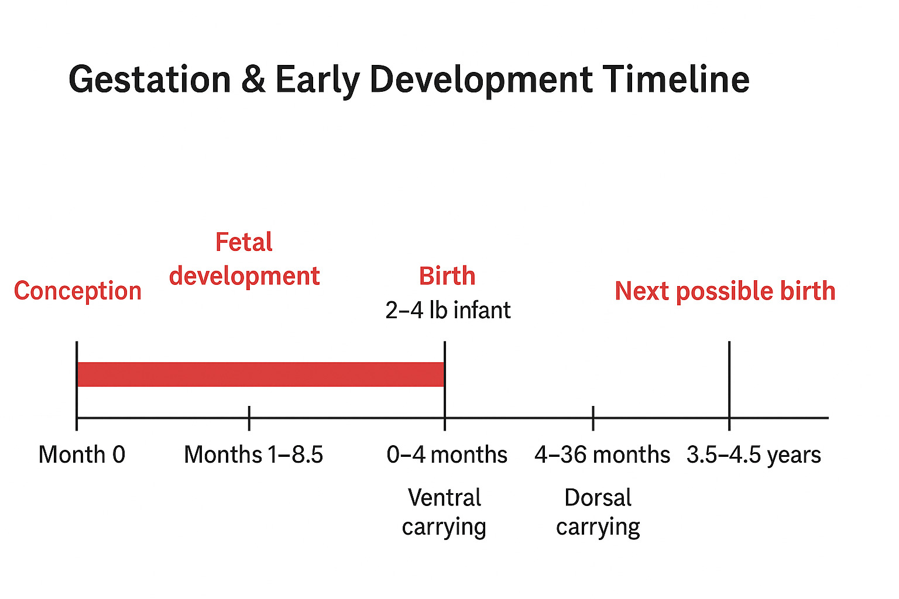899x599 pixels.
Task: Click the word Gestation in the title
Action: pyautogui.click(x=150, y=80)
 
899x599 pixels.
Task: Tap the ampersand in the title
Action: pyautogui.click(x=253, y=80)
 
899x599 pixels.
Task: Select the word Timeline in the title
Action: pyautogui.click(x=676, y=80)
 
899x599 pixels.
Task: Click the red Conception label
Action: pyautogui.click(x=78, y=291)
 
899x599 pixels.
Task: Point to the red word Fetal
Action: pyautogui.click(x=243, y=242)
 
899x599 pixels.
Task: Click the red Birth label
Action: pyautogui.click(x=447, y=276)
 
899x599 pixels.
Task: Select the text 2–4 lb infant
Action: pyautogui.click(x=448, y=310)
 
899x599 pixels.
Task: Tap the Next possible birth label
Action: pyautogui.click(x=725, y=291)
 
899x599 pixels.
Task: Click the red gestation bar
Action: pyautogui.click(x=260, y=374)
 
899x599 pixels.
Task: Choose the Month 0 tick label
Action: pyautogui.click(x=82, y=455)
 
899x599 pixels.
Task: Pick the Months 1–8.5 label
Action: pyautogui.click(x=253, y=455)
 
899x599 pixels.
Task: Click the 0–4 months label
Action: pyautogui.click(x=447, y=455)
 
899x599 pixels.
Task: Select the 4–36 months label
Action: pyautogui.click(x=602, y=455)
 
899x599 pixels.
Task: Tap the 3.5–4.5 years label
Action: pyautogui.click(x=754, y=455)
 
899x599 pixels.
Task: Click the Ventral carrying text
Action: pyautogui.click(x=444, y=512)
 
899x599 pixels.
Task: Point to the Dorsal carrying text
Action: pyautogui.click(x=598, y=512)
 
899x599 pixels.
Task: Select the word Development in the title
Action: pyautogui.click(x=481, y=80)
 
